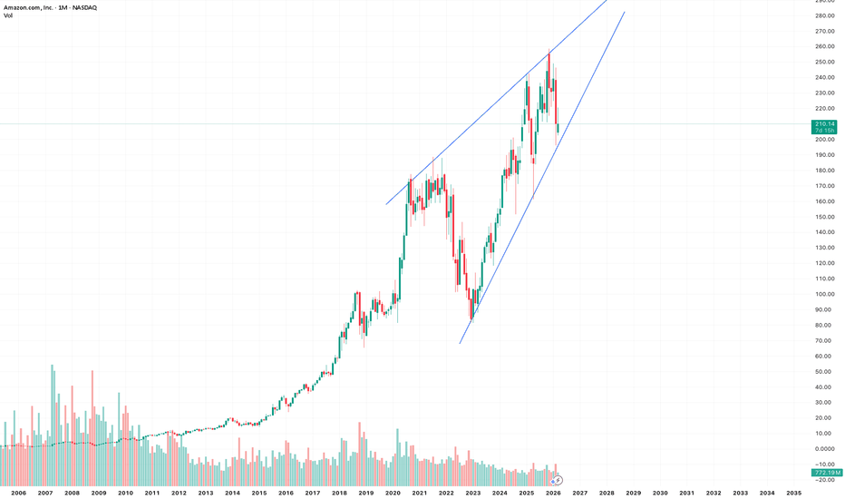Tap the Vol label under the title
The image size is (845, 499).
coord(8,17)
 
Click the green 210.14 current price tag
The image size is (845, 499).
coord(824,123)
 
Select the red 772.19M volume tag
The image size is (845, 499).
coord(824,473)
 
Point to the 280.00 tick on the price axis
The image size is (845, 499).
coord(824,15)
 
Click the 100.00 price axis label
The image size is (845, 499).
coord(824,294)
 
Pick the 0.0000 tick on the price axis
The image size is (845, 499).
coord(824,448)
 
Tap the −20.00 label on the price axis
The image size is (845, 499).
coord(824,480)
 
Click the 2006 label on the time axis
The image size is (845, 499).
coord(18,493)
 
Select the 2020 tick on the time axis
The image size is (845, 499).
coord(393,493)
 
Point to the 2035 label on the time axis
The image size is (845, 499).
coord(793,493)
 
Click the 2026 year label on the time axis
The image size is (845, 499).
coord(553,493)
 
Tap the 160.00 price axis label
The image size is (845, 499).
coord(824,201)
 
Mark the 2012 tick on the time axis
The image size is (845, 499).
coord(179,493)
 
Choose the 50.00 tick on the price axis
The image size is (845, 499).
coord(824,371)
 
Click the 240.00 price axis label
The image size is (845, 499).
coord(824,77)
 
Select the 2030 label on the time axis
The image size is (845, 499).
coord(660,493)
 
